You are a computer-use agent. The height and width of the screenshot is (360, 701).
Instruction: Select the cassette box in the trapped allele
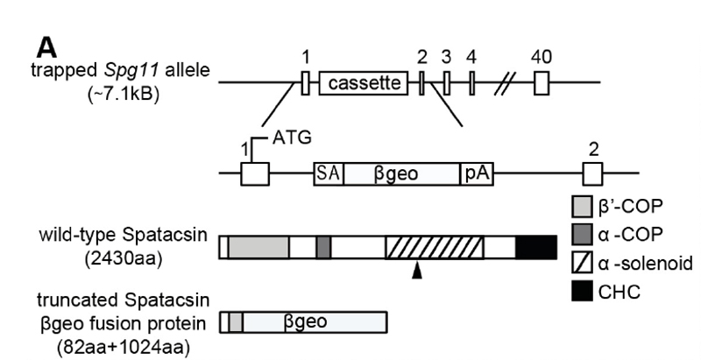[364, 83]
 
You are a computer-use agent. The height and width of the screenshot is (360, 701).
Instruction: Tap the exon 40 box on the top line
[541, 83]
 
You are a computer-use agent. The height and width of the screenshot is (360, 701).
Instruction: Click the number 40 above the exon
[542, 56]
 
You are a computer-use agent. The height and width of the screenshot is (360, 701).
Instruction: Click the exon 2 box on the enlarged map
[592, 172]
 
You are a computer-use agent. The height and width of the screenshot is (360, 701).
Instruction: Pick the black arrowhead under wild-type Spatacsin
[416, 274]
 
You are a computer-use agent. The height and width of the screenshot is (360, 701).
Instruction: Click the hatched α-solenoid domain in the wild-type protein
[434, 247]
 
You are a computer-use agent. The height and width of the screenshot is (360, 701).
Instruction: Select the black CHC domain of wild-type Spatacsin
[536, 247]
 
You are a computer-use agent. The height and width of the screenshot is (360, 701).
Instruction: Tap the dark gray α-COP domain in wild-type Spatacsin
[323, 247]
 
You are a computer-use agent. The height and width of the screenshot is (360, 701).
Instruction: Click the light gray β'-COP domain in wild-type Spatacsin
[258, 247]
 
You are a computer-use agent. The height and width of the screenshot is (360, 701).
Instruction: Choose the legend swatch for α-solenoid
[581, 262]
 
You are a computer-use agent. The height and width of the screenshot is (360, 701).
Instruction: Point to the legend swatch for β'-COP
[581, 208]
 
